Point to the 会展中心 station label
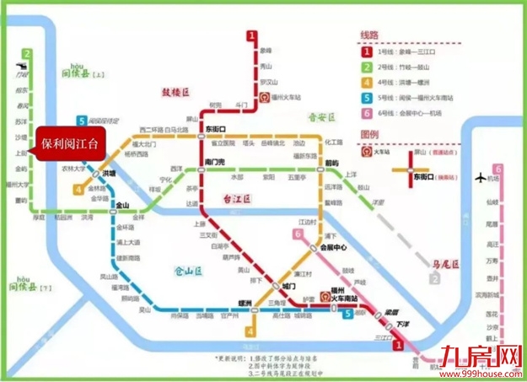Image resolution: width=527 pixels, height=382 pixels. click(336, 248)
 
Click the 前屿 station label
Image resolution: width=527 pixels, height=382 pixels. click(331, 162)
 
